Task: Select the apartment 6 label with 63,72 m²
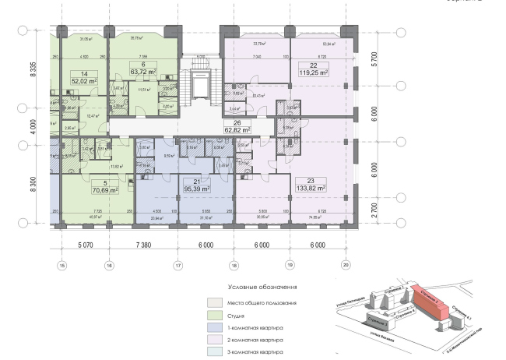click(x=142, y=68)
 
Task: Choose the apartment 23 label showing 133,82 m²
click(x=310, y=184)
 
